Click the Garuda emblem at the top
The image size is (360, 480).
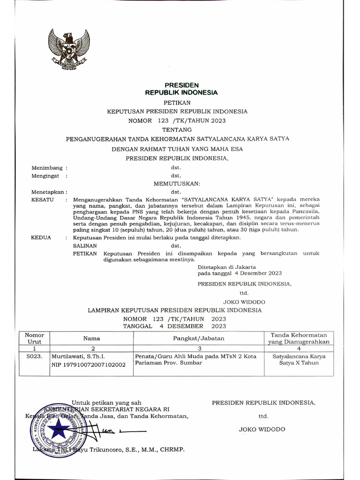click(69, 49)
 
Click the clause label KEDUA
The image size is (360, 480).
click(41, 238)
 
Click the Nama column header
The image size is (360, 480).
click(92, 338)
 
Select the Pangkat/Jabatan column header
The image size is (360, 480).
click(199, 338)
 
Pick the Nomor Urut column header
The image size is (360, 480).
click(34, 338)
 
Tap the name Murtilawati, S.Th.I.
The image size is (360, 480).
click(78, 356)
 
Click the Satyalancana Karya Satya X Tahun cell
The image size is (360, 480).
click(299, 360)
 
